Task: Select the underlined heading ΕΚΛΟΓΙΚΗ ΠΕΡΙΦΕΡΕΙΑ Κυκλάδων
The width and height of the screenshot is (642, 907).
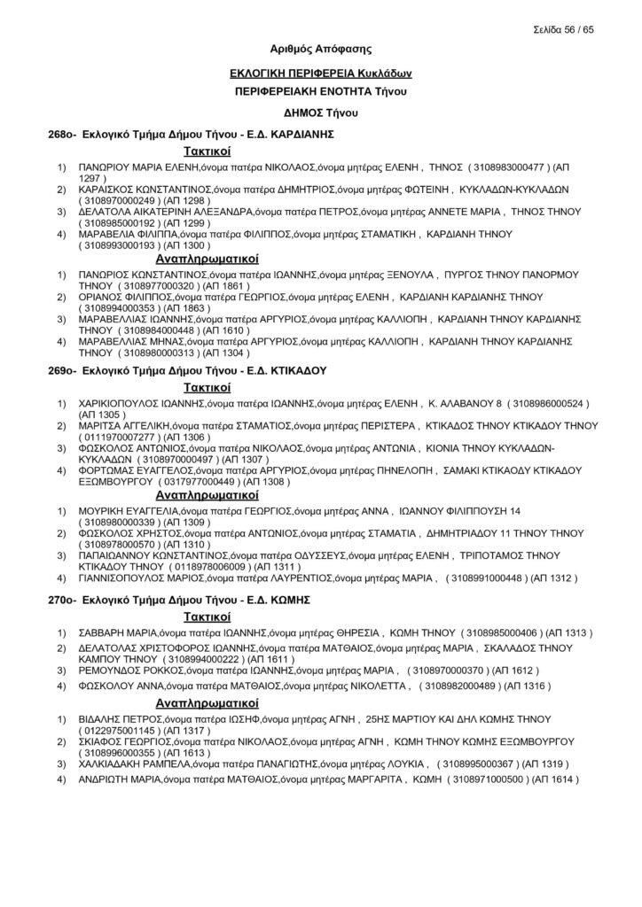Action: click(320, 74)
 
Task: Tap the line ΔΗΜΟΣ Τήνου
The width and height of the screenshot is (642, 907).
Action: click(320, 112)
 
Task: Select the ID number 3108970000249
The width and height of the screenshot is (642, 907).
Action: click(118, 200)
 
